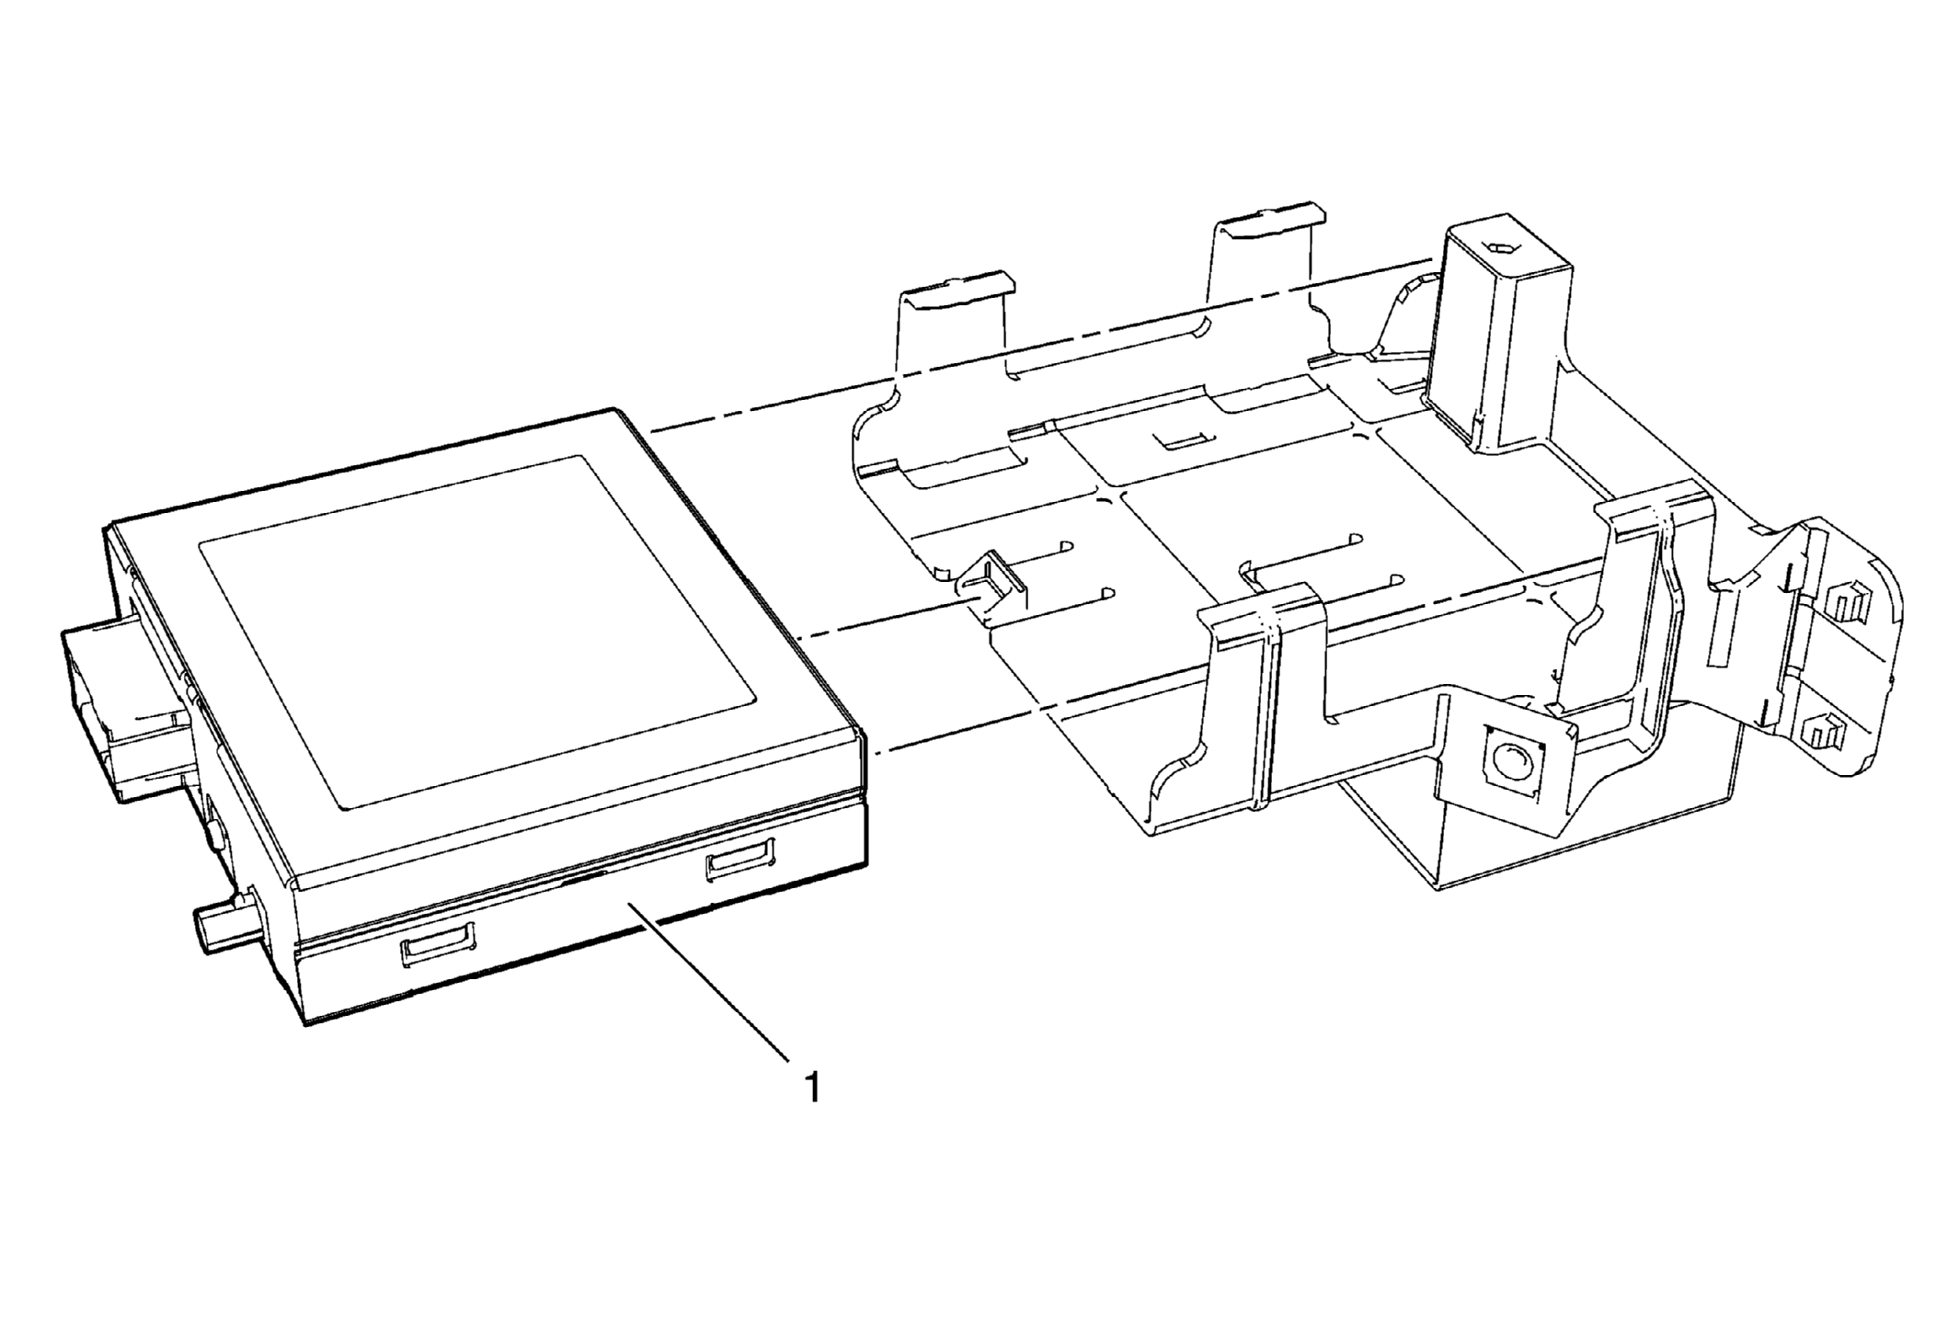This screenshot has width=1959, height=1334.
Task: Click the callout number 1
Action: click(811, 1089)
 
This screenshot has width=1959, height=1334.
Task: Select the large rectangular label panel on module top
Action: click(476, 633)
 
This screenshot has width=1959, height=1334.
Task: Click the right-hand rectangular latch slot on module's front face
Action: click(739, 860)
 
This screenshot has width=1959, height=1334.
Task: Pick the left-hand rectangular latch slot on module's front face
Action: click(439, 945)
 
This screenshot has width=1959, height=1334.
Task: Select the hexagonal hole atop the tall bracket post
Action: click(1501, 247)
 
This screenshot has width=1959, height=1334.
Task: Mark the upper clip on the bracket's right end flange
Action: click(1839, 603)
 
